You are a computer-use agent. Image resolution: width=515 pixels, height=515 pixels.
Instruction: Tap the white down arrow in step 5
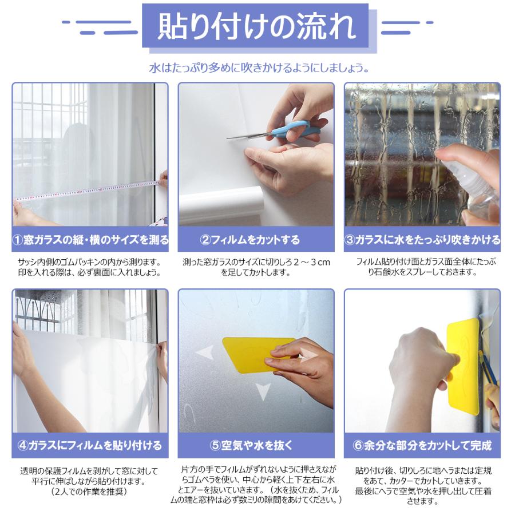click(x=263, y=391)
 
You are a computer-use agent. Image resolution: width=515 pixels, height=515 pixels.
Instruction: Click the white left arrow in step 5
click(x=204, y=352)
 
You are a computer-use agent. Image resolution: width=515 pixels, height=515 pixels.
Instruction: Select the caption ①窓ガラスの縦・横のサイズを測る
click(x=90, y=239)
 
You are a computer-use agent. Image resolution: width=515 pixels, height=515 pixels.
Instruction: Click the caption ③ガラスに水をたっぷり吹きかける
click(x=422, y=239)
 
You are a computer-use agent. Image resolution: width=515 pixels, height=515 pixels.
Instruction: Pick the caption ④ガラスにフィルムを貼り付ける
click(x=90, y=445)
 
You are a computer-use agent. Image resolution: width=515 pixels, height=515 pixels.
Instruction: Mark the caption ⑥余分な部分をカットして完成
click(x=422, y=445)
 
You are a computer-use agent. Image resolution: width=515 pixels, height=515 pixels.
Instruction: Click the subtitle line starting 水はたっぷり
click(x=257, y=68)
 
